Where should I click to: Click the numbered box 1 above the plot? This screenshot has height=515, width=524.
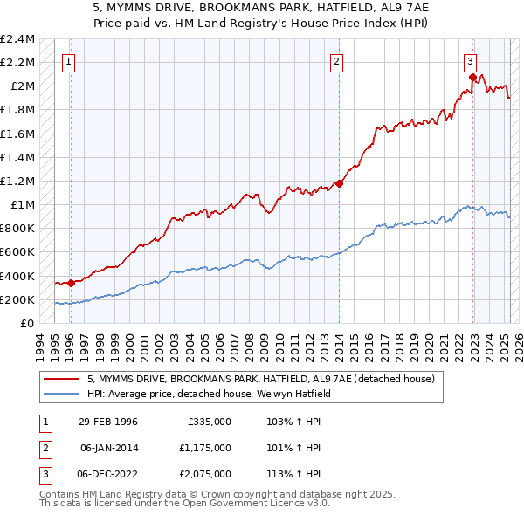tap(69, 61)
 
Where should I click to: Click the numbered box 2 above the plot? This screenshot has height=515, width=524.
tap(337, 61)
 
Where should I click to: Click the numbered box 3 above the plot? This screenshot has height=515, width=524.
tap(470, 61)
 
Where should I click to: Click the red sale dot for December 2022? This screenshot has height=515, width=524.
tap(472, 77)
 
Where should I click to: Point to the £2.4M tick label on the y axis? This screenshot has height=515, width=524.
tap(17, 39)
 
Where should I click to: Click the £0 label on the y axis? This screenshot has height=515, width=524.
tap(27, 323)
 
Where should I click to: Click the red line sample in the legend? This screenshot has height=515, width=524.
tap(62, 379)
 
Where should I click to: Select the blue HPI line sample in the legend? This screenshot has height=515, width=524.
tap(62, 394)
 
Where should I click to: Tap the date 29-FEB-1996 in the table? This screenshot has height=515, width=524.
tap(107, 422)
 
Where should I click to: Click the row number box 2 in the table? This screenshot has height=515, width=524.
tap(44, 448)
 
